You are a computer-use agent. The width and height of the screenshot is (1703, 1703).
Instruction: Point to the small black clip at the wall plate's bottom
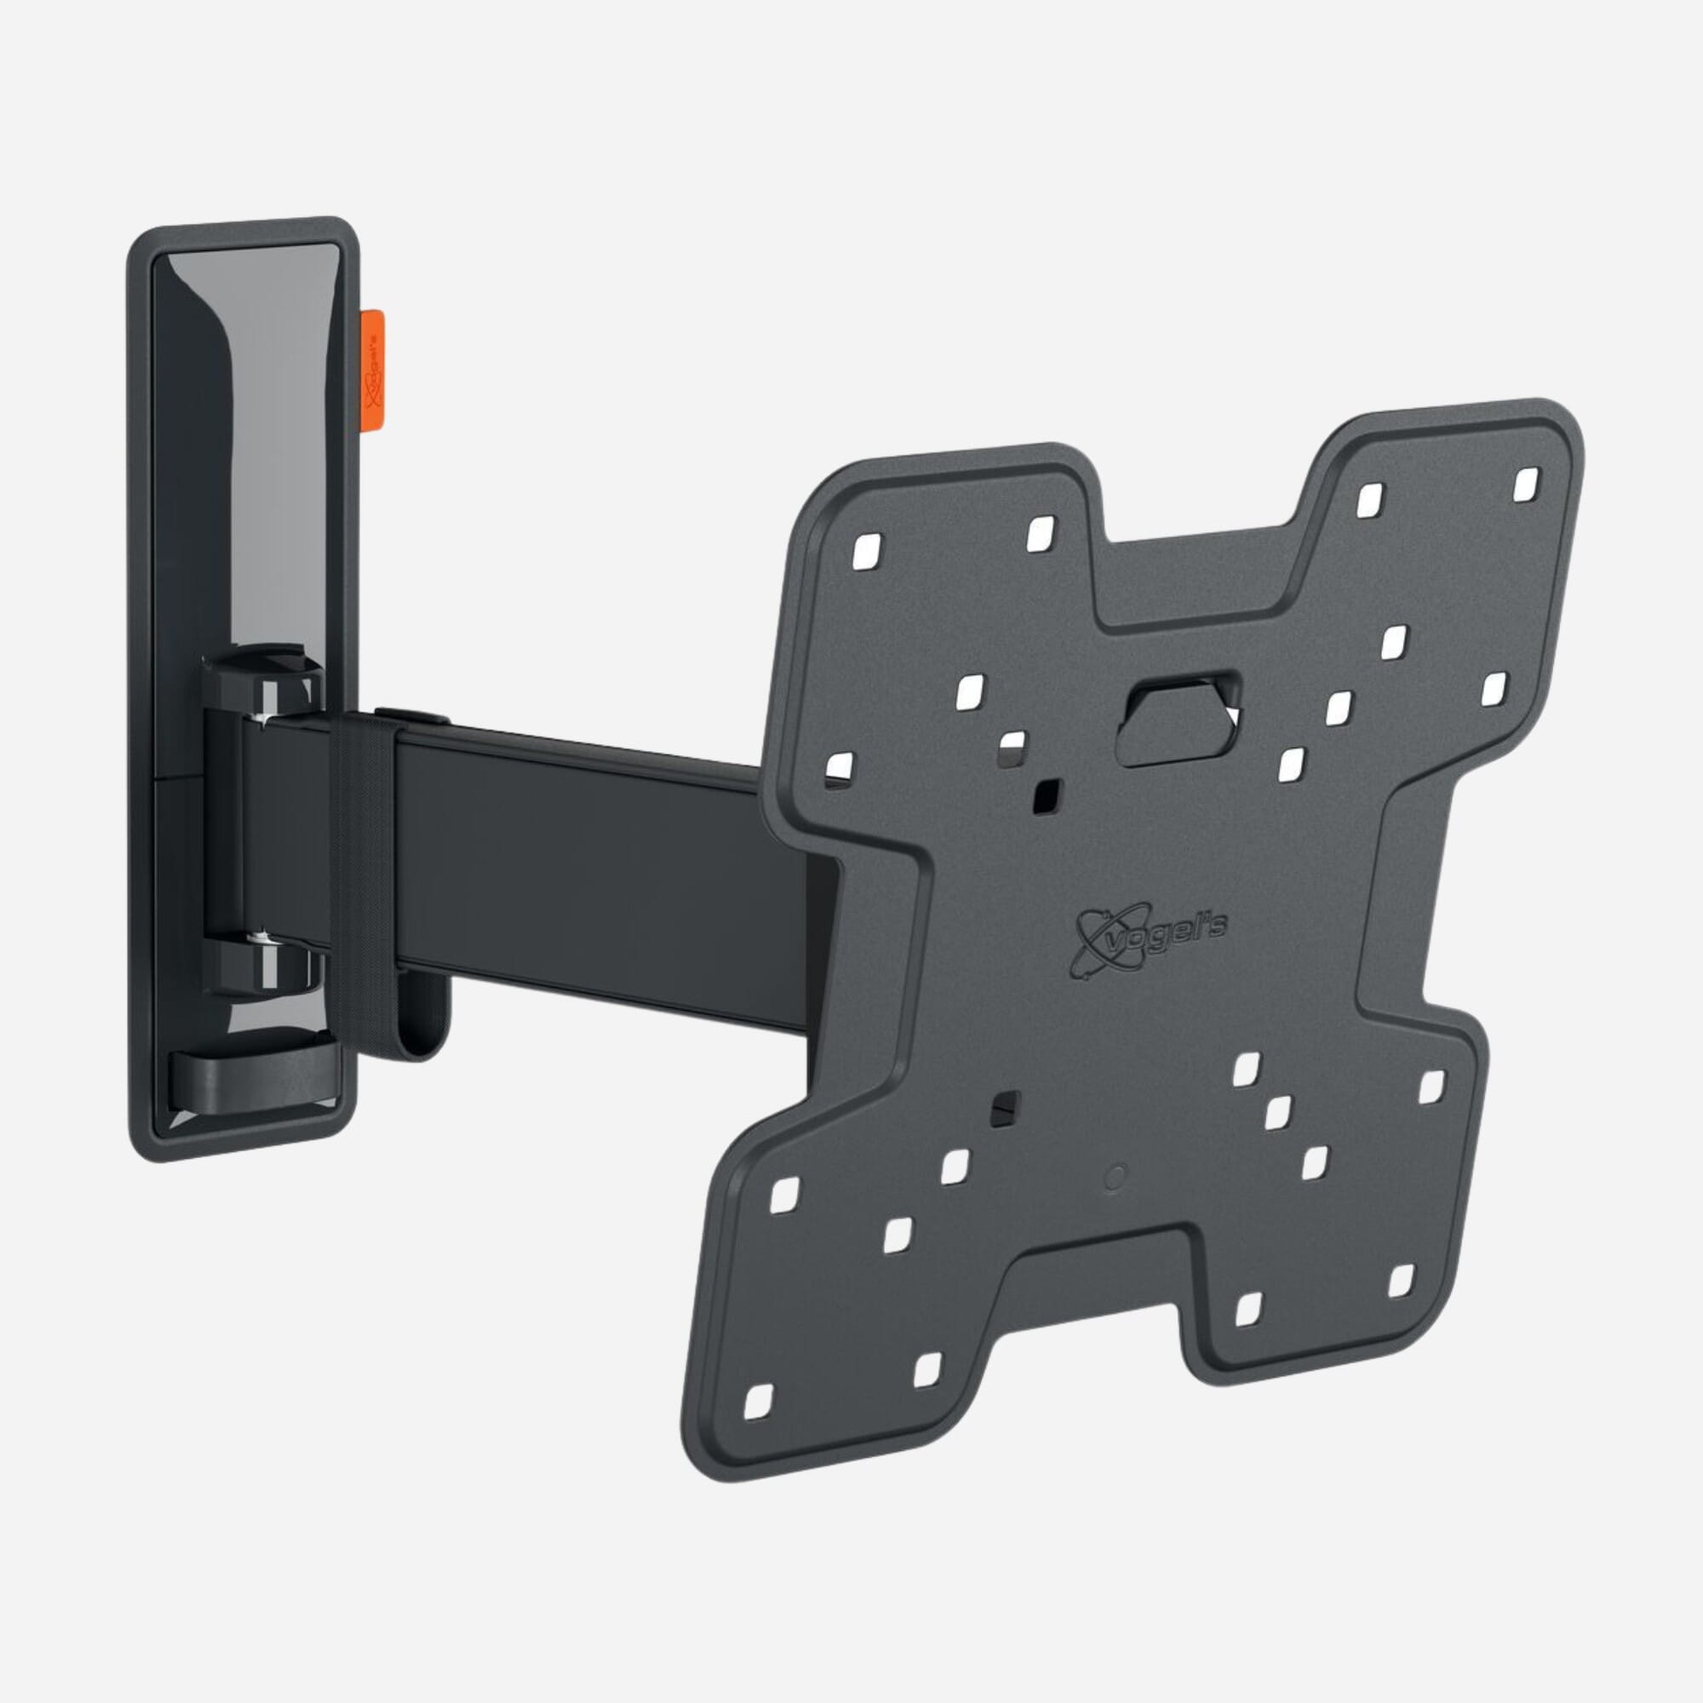point(251,1069)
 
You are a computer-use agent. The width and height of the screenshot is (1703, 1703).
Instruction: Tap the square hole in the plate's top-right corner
point(1526,484)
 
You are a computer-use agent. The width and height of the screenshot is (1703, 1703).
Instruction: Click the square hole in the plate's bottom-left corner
point(758,1425)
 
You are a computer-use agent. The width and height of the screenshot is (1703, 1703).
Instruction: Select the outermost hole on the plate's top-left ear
point(866,550)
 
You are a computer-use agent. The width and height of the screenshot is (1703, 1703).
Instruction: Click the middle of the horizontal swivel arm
point(599,846)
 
